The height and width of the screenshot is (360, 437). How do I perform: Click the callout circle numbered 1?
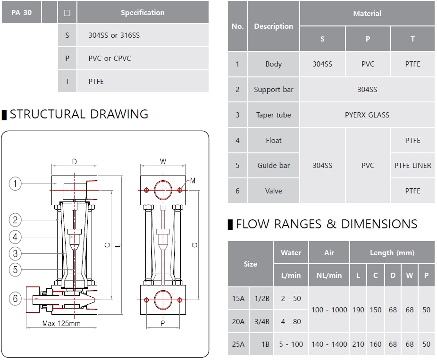(15, 183)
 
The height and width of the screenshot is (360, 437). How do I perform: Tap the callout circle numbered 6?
(15, 299)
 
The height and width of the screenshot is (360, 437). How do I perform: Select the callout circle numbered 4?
(15, 237)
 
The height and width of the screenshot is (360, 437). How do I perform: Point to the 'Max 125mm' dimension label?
(61, 324)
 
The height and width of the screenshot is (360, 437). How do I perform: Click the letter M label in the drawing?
(193, 181)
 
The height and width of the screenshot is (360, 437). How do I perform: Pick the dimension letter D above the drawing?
(74, 162)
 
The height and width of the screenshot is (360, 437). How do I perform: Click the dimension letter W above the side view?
(163, 162)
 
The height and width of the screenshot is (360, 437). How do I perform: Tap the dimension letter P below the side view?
(163, 324)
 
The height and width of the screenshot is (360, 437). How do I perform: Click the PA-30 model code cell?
(21, 13)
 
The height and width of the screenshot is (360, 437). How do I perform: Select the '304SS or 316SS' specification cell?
(114, 35)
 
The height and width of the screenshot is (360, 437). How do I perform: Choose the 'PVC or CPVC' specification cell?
(109, 59)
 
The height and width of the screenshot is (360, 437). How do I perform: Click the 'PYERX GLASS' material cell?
(367, 115)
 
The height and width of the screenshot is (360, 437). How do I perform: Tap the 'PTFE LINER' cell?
(412, 166)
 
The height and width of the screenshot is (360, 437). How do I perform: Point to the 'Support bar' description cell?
(274, 90)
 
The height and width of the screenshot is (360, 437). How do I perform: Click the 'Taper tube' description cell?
(274, 115)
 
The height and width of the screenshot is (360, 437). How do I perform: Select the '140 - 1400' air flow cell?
(329, 344)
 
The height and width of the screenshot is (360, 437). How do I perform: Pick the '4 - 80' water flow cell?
(290, 322)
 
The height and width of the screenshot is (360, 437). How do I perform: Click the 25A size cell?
(238, 344)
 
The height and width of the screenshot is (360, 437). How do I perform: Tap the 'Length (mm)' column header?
(392, 253)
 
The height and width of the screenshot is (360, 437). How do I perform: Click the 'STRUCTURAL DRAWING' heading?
(79, 114)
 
